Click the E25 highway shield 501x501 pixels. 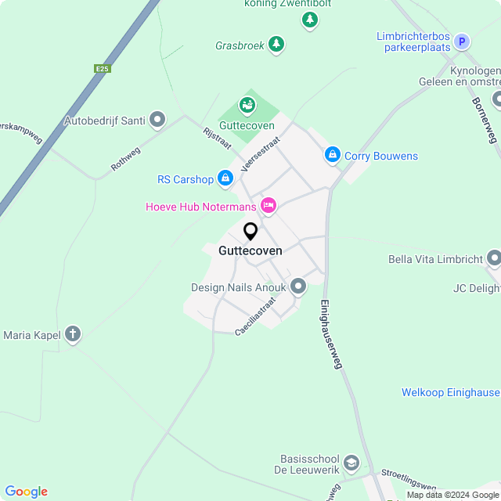(102, 69)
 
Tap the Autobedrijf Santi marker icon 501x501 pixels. (157, 120)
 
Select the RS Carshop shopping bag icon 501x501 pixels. (225, 179)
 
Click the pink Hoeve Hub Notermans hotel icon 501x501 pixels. (269, 206)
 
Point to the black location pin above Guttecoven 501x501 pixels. (250, 232)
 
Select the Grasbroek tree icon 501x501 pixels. (276, 45)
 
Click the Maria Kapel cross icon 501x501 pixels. (73, 335)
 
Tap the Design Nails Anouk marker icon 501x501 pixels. (298, 287)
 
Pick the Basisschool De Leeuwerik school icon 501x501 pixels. (351, 463)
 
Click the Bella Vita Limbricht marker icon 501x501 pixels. (493, 258)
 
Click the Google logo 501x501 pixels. (27, 492)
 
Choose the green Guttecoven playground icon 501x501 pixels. (247, 104)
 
